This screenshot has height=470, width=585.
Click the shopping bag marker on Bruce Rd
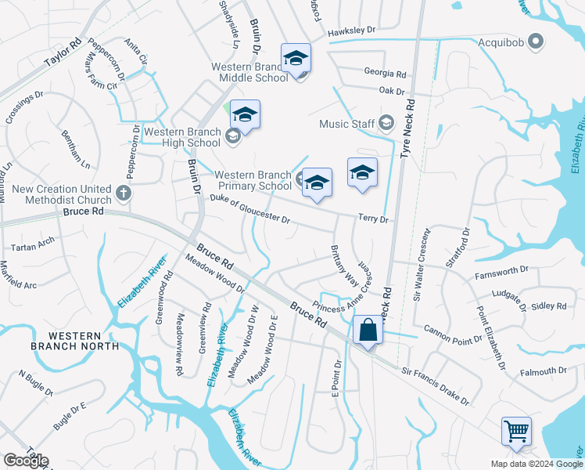(368, 331)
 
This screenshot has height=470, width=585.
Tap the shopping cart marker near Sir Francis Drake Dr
(516, 431)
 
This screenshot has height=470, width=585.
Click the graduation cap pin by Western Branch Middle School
(296, 59)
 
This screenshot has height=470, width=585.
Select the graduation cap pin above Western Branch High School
(245, 116)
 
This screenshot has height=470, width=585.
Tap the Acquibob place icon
(536, 40)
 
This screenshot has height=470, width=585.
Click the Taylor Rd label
(63, 52)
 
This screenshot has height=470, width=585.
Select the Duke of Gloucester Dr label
(250, 210)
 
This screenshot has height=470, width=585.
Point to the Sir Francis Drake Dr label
(435, 388)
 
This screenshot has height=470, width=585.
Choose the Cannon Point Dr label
(453, 334)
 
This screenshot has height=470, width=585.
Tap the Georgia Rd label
(385, 74)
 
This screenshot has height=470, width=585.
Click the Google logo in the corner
(25, 461)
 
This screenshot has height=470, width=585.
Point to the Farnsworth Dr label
(502, 276)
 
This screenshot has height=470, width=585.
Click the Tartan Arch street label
(34, 243)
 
